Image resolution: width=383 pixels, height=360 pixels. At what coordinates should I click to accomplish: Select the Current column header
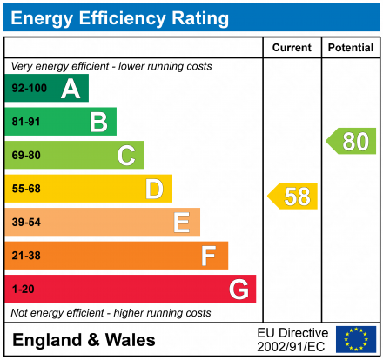(x=292, y=48)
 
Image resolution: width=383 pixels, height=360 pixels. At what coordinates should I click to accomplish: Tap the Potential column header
(x=350, y=48)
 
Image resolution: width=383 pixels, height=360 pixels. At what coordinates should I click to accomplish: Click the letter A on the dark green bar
(x=71, y=89)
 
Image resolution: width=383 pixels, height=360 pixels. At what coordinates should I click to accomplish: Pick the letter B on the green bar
(x=98, y=122)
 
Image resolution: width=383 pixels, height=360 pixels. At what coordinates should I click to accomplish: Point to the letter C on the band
(x=126, y=156)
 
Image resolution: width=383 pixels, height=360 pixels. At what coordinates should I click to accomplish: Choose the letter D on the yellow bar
(x=154, y=189)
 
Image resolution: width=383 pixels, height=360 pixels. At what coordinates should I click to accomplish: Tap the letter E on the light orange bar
(x=181, y=223)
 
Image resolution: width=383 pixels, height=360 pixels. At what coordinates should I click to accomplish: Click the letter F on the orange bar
(x=209, y=256)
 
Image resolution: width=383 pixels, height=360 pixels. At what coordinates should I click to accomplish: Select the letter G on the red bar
(x=238, y=289)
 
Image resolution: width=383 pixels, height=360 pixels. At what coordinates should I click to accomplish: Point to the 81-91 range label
(x=25, y=122)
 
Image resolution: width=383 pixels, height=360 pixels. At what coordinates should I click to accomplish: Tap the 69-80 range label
(x=25, y=156)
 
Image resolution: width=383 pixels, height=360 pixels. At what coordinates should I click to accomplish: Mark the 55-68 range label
(x=25, y=189)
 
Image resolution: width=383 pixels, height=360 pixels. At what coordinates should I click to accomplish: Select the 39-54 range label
(x=25, y=223)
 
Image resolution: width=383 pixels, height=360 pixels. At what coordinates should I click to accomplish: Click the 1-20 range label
(x=22, y=289)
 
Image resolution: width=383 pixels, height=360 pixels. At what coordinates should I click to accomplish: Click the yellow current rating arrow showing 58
(x=293, y=197)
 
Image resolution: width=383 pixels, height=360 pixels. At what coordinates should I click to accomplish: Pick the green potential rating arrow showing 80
(x=352, y=141)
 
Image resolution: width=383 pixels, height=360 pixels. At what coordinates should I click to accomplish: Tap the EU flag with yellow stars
(x=355, y=339)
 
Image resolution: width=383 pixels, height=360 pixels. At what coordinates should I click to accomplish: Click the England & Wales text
(x=84, y=340)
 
